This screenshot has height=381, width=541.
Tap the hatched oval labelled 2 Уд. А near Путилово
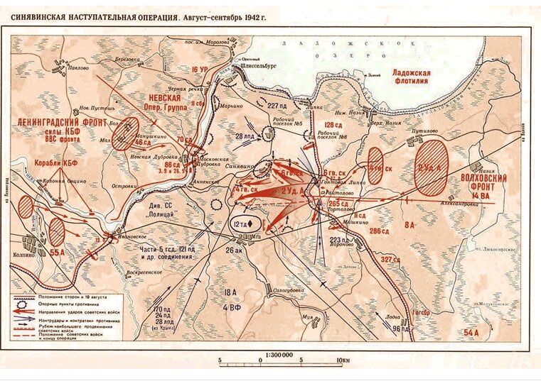pos(431,168)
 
